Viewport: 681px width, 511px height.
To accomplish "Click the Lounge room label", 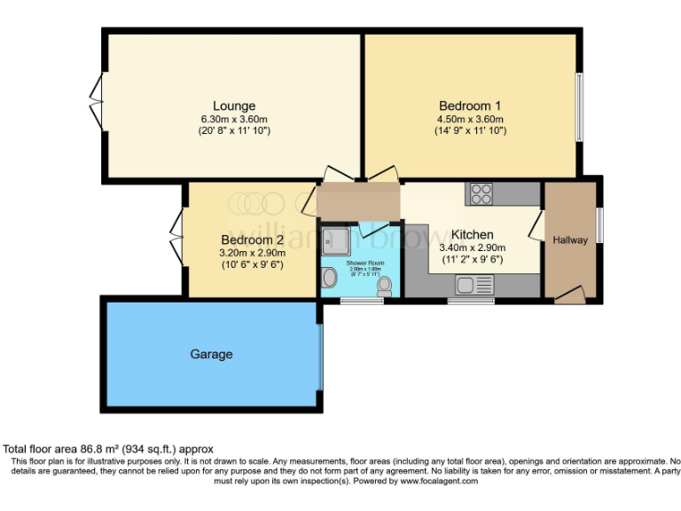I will click(234, 106).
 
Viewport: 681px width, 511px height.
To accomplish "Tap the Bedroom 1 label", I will click(470, 106).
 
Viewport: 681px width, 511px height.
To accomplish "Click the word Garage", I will click(211, 354).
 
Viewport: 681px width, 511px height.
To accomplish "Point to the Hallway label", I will click(570, 240).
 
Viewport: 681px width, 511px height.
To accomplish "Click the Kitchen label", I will click(472, 234).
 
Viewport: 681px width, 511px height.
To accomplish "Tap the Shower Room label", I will click(364, 263).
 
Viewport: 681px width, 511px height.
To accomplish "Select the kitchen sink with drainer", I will click(474, 285).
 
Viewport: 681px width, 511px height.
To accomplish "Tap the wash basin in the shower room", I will click(328, 279).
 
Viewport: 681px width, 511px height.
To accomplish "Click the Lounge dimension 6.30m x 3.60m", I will click(234, 119).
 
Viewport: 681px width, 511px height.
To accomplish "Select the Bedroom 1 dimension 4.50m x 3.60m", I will click(470, 119).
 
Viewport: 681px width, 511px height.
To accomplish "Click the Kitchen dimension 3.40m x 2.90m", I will click(472, 248).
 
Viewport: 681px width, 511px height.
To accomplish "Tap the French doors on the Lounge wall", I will click(97, 102).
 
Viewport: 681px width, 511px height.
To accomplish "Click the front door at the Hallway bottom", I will click(569, 295).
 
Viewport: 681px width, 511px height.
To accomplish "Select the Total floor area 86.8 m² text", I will click(108, 450).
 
